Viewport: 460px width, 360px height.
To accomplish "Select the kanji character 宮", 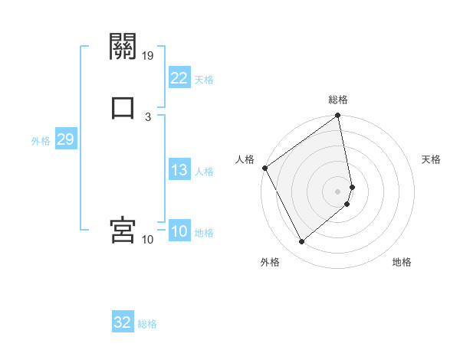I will (x=123, y=230).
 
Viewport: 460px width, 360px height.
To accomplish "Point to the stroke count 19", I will (x=148, y=56).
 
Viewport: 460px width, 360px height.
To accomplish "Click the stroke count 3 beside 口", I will (x=148, y=116).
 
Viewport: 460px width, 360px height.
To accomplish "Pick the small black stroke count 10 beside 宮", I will (x=148, y=240).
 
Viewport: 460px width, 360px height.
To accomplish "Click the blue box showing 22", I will (x=179, y=78).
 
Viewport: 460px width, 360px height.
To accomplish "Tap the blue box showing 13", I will (x=179, y=170).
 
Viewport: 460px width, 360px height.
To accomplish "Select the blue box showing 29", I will (x=65, y=139).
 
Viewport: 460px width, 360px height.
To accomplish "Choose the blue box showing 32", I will (x=123, y=322).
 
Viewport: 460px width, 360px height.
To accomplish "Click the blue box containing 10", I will (x=179, y=231).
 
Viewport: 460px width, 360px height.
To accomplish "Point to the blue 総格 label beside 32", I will (x=147, y=324).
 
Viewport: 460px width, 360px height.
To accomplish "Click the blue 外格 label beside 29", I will (x=41, y=141).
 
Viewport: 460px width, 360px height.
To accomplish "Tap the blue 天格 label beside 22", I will (x=204, y=80).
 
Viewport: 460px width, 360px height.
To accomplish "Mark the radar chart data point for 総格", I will (x=338, y=116).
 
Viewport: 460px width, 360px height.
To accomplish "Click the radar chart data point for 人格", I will (x=264, y=168).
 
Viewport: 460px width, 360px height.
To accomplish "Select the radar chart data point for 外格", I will (x=301, y=242).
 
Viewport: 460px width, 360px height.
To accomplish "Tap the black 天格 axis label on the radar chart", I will (x=432, y=159).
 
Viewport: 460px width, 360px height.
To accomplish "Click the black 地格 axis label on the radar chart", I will (x=402, y=262).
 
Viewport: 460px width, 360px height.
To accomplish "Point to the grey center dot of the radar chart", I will (x=338, y=191).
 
